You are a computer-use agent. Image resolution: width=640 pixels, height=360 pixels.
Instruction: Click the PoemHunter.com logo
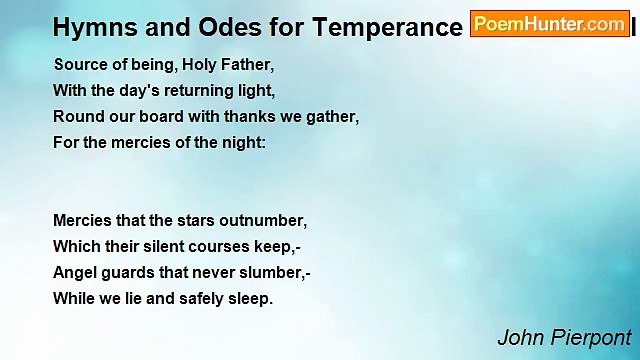pos(549,24)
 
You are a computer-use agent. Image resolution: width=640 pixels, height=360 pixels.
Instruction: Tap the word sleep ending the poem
pos(251,298)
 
